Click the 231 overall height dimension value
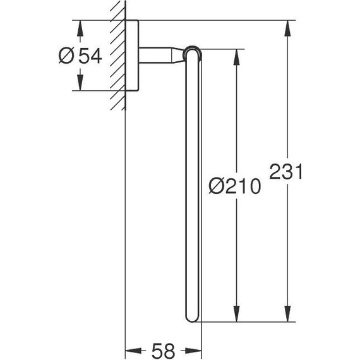tap(287, 171)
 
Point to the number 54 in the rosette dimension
tap(89, 56)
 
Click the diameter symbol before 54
tap(66, 56)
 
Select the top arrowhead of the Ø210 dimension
tap(237, 54)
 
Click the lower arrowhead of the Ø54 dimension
tap(80, 84)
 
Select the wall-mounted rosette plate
tap(131, 56)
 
